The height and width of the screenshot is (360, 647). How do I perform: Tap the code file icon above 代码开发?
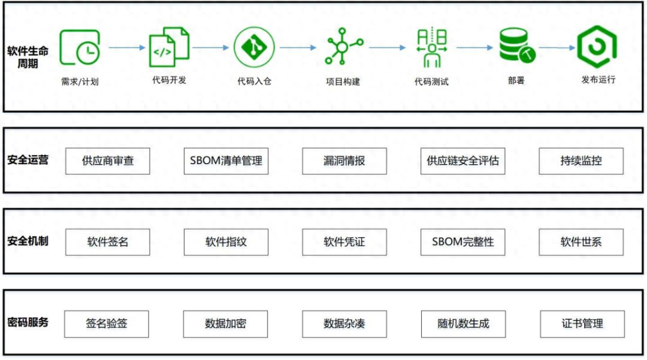pos(169,46)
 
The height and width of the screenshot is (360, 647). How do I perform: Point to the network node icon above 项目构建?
pos(343,46)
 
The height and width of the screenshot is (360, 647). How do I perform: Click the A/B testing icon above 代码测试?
pos(431,47)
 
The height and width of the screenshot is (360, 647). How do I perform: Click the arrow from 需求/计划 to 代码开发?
pos(128,47)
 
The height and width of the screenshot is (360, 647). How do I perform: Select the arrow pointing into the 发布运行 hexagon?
pos(556,48)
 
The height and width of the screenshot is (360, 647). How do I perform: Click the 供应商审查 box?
pos(108,161)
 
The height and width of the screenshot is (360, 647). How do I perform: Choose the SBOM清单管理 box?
pos(226,161)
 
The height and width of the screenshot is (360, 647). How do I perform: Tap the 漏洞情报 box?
pos(344,161)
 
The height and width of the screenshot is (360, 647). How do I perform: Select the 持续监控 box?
pos(581,161)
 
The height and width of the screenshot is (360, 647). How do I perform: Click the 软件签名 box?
pos(108,242)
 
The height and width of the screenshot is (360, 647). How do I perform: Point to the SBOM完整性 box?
pos(463,242)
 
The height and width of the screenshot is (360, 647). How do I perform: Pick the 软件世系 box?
pos(581,242)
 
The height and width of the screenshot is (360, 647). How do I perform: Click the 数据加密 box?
pos(226,323)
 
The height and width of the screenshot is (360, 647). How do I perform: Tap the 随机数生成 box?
pos(463,323)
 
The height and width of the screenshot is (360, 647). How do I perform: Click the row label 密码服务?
pos(28,322)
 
